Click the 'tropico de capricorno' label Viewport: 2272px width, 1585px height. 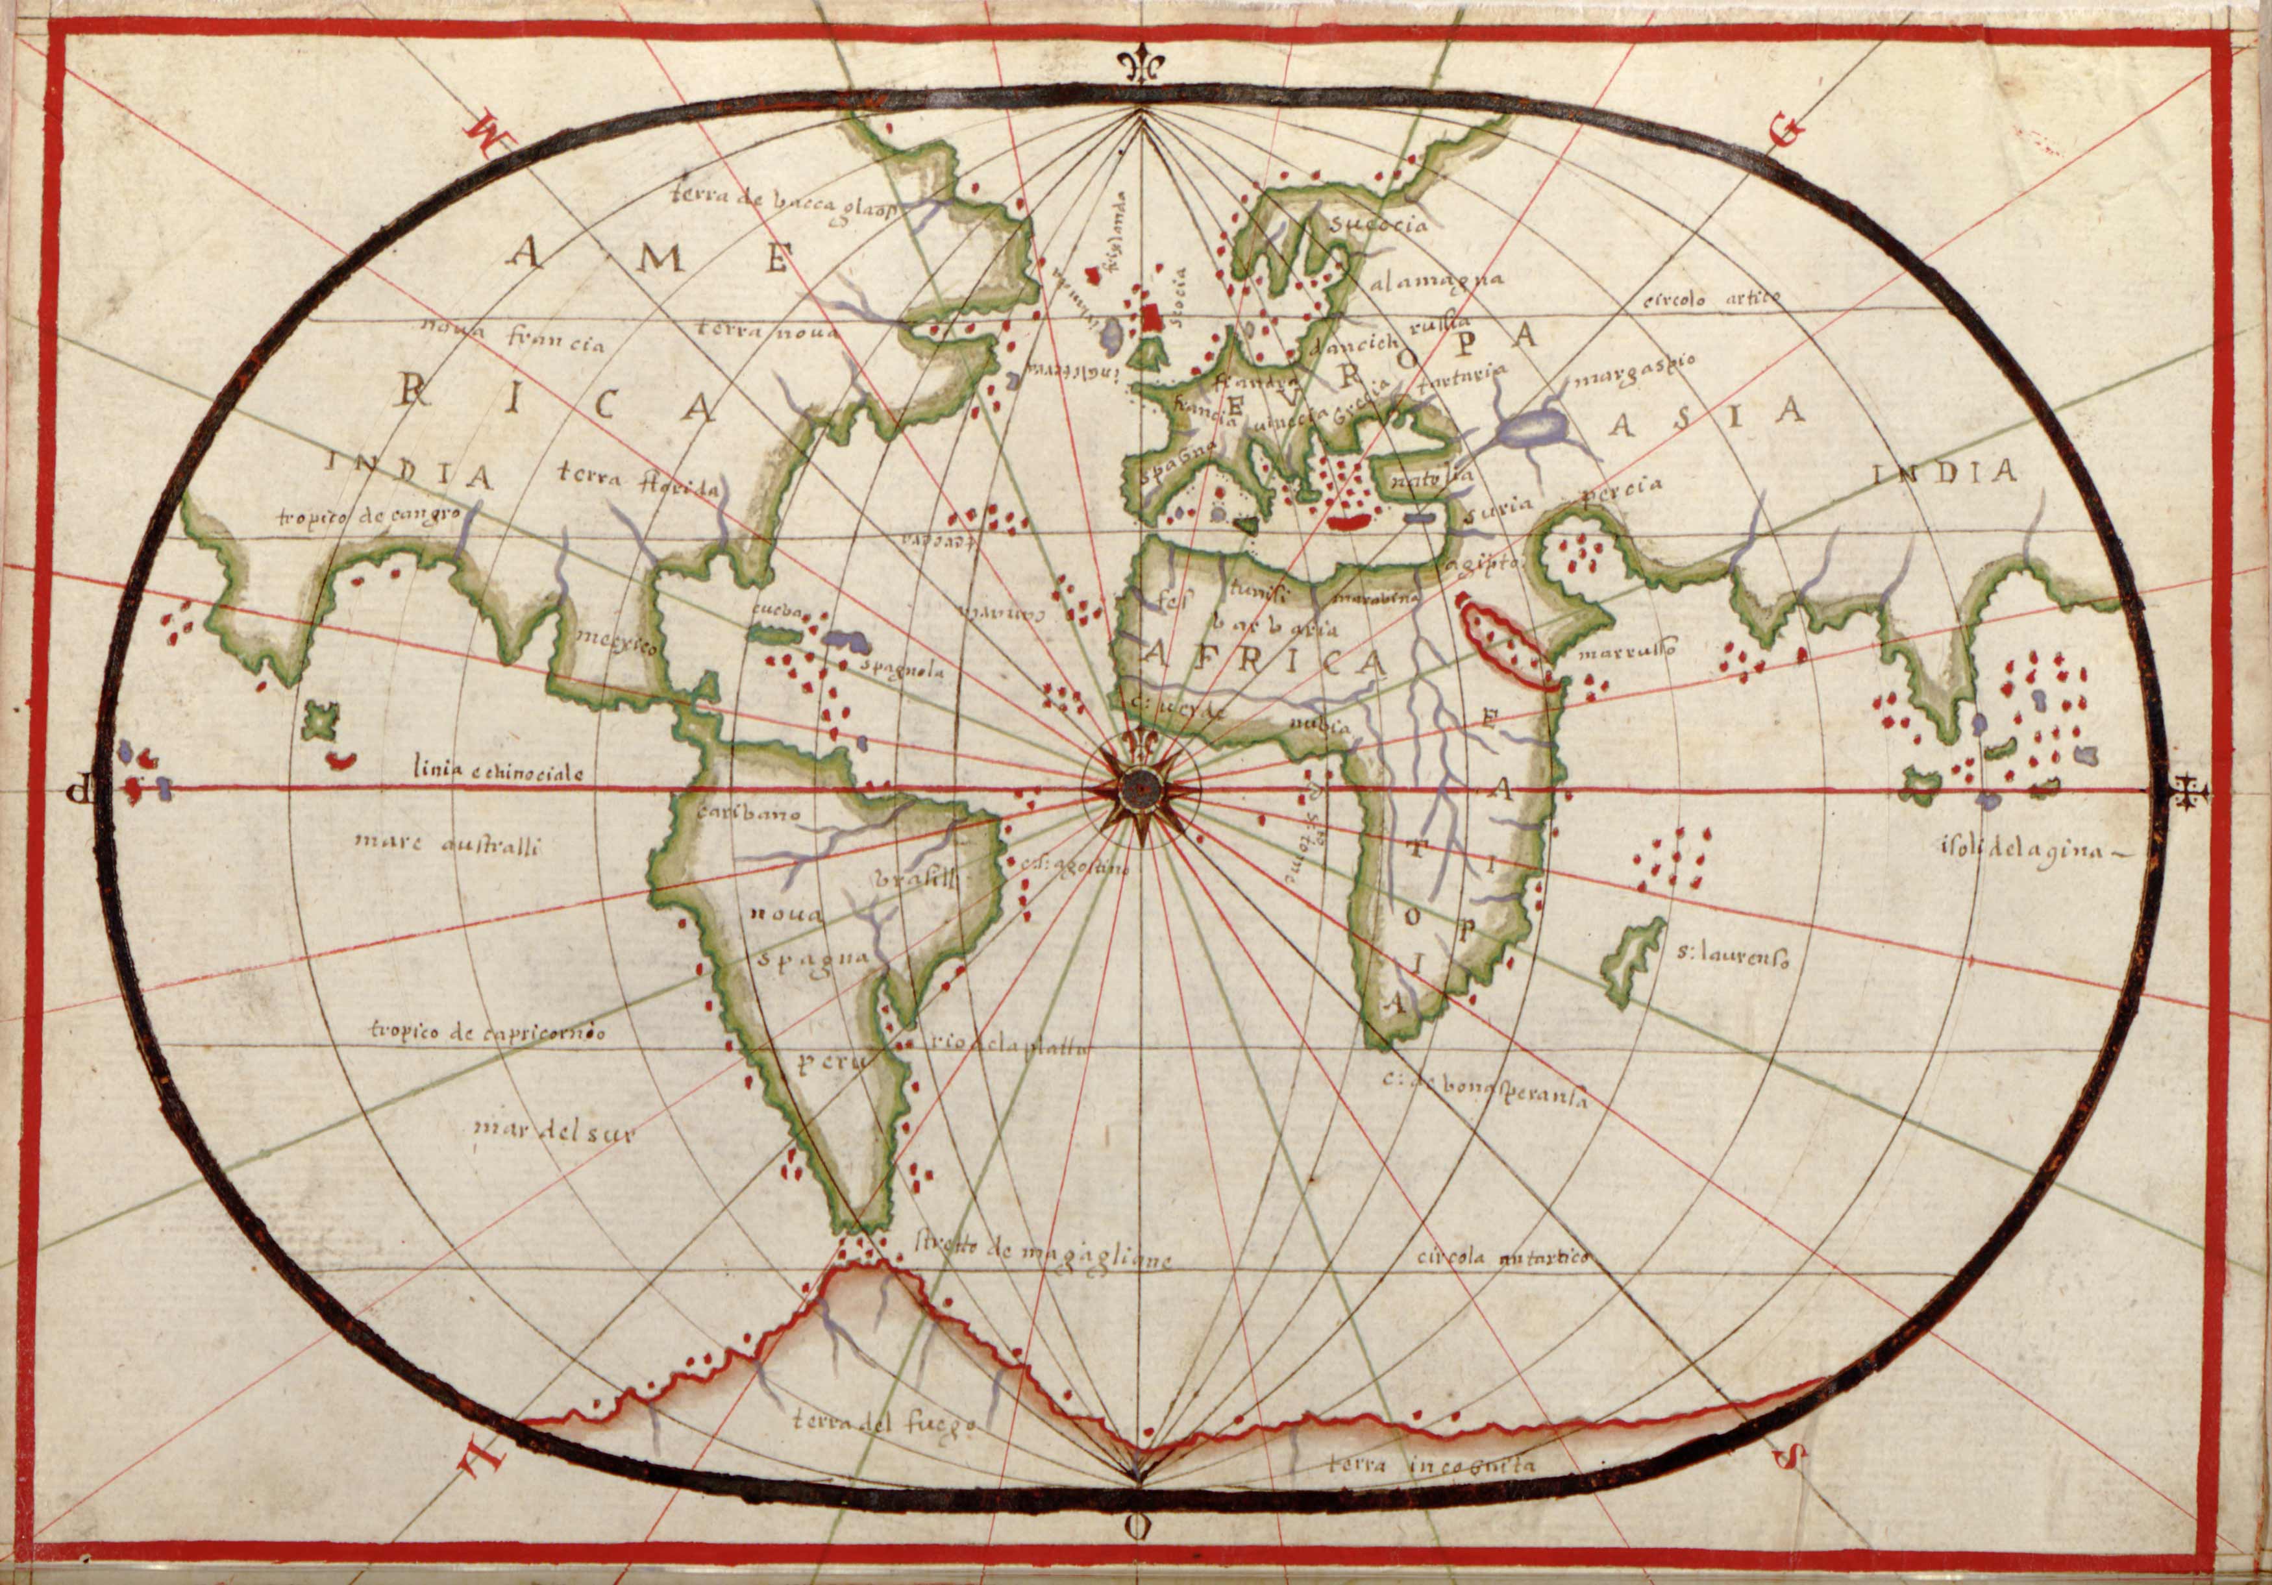point(487,1032)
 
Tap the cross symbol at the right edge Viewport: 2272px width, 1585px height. point(2188,791)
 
